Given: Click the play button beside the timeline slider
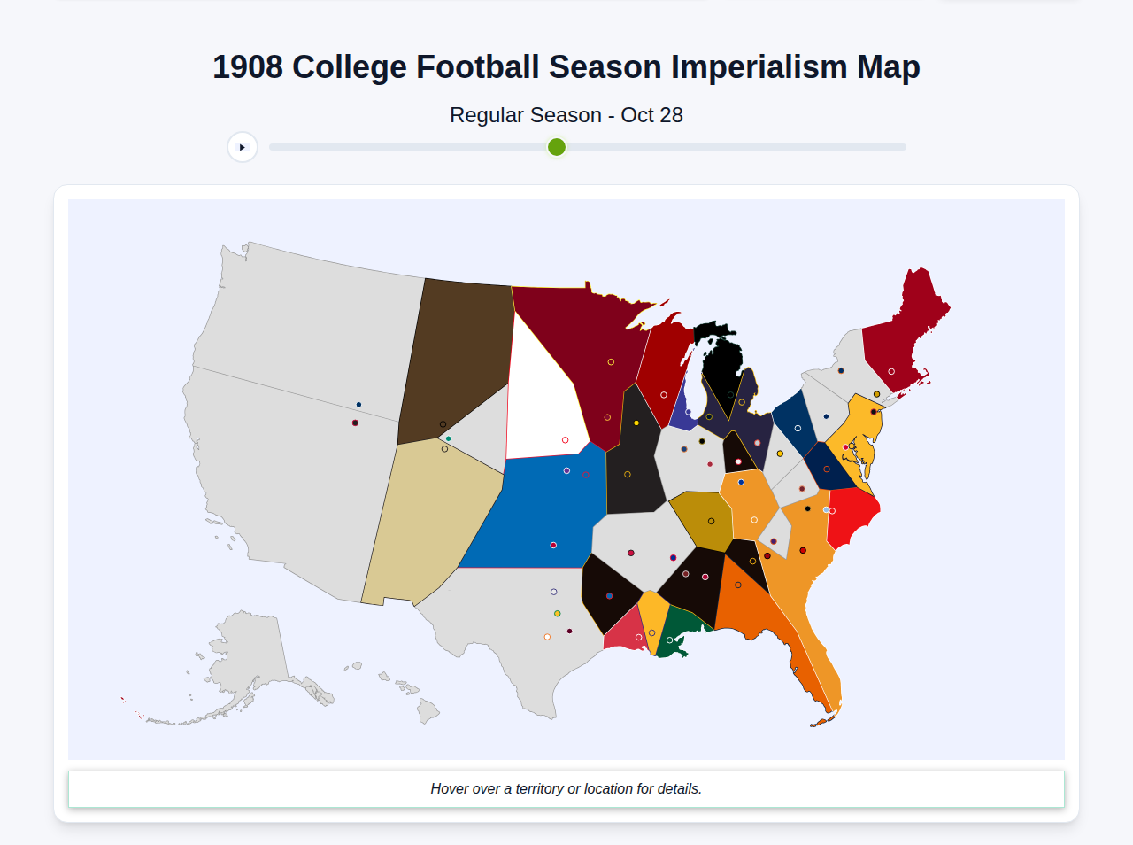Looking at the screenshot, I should (x=243, y=147).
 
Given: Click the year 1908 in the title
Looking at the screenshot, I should (x=248, y=67).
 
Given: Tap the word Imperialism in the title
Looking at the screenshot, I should (x=759, y=67).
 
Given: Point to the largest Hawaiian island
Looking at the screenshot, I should (x=428, y=710).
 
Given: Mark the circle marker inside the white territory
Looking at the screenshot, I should (x=566, y=440).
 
